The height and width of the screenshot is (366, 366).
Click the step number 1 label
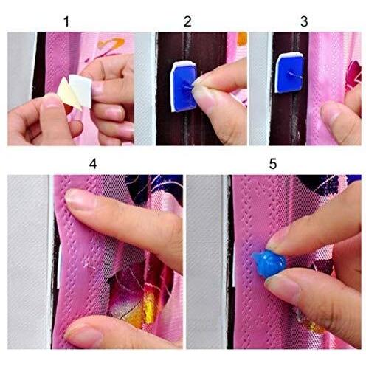coord(66,21)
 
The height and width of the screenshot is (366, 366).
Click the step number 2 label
coord(187,21)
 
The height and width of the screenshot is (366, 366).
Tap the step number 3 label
coord(304,21)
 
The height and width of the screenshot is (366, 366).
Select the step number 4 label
coord(93,164)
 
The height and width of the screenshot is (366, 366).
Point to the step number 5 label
coord(273,164)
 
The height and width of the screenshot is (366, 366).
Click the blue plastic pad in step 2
coord(184,88)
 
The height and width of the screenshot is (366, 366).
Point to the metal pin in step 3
coord(294,75)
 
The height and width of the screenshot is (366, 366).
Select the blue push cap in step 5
coord(269,263)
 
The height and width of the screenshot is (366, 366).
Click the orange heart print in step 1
coord(111,44)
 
